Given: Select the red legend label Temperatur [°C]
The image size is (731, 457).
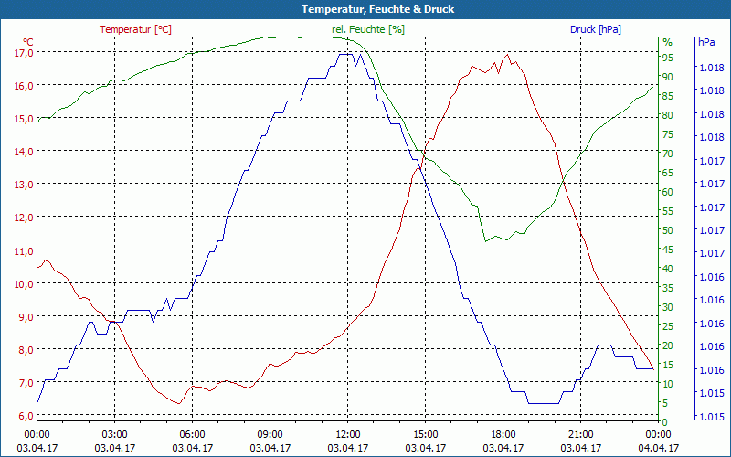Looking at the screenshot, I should pos(135,29).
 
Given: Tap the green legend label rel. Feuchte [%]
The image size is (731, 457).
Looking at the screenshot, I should pos(368,29).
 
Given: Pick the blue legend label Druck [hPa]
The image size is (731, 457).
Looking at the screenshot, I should pos(595,29).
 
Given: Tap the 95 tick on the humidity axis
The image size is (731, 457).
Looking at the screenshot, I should pos(668,58).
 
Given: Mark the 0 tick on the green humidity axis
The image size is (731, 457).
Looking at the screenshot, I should pos(665,421).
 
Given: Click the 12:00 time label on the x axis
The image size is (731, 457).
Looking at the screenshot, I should pos(348,434).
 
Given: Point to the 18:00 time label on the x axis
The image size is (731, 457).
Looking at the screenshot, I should pos(503,434).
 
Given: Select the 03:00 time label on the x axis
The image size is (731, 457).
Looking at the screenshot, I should pos(114,434).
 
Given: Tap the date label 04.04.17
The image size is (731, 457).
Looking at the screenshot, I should pos(659,448).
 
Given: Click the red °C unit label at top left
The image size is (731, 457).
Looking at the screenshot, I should pos(28,42).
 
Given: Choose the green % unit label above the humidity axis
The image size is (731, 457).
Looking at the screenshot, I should pos(667,42).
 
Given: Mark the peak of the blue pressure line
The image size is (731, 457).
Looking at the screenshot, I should pos(345,55).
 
